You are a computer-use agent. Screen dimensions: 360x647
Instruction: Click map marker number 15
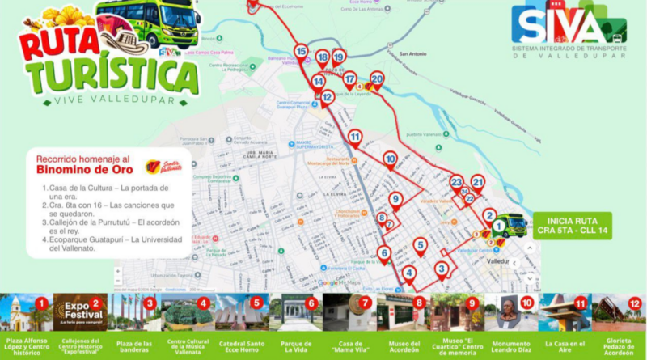pos(301,52)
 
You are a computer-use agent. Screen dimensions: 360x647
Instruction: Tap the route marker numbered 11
pos(355,137)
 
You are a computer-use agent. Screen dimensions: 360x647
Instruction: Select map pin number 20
pos(377,78)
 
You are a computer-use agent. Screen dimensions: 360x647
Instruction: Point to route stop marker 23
pos(456,182)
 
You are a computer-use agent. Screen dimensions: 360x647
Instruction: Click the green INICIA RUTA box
pos(573,226)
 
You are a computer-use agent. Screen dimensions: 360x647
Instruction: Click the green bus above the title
pos(148,22)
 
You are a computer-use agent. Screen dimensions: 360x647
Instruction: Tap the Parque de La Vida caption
pos(295,347)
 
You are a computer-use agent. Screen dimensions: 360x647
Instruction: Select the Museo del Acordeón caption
pos(404,347)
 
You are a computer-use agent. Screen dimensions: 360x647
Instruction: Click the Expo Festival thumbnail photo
pos(79,312)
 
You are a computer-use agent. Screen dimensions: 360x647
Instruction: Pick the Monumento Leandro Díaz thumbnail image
pos(511,312)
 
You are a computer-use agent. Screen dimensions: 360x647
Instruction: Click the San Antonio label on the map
pos(412,54)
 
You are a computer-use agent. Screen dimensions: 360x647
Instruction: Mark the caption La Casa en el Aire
pos(566,347)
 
